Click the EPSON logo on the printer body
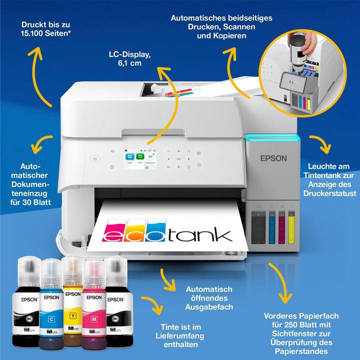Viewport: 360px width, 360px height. click(273, 158)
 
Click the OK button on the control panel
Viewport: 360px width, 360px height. click(178, 158)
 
